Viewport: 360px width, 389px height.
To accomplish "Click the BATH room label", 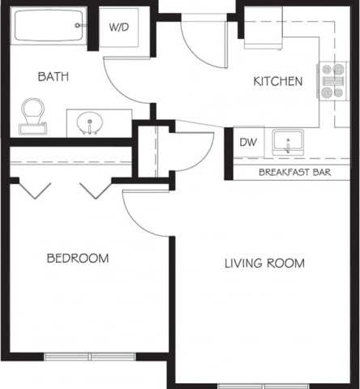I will click(x=52, y=77).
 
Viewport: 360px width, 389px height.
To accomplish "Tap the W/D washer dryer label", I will click(x=119, y=28).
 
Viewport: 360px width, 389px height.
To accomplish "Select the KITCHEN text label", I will click(x=278, y=81).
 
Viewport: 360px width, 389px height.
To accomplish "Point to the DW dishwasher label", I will click(x=247, y=143).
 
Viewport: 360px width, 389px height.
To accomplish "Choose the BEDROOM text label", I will click(x=77, y=259).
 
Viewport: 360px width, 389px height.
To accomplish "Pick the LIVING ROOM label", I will click(x=264, y=263).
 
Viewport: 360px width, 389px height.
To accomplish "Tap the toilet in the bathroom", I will click(x=33, y=115).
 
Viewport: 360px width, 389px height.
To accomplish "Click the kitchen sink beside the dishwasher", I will click(x=287, y=143).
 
